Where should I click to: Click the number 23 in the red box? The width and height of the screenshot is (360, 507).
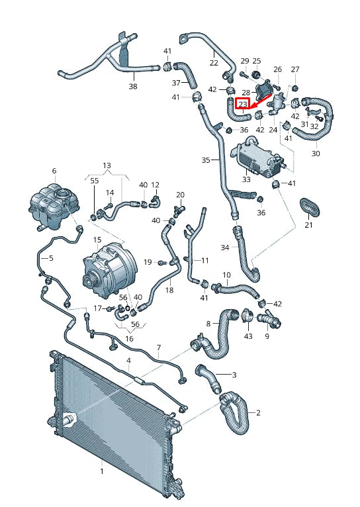pyautogui.click(x=243, y=104)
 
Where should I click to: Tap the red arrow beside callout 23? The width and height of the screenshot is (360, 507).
pyautogui.click(x=262, y=101)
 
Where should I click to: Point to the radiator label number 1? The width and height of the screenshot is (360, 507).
pyautogui.click(x=102, y=471)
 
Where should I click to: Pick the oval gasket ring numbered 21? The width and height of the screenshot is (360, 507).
pyautogui.click(x=310, y=207)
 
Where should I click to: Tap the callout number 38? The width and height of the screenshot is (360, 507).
pyautogui.click(x=133, y=86)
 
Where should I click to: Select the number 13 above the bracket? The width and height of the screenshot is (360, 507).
pyautogui.click(x=107, y=165)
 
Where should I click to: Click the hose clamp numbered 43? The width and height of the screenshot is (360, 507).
pyautogui.click(x=247, y=315)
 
